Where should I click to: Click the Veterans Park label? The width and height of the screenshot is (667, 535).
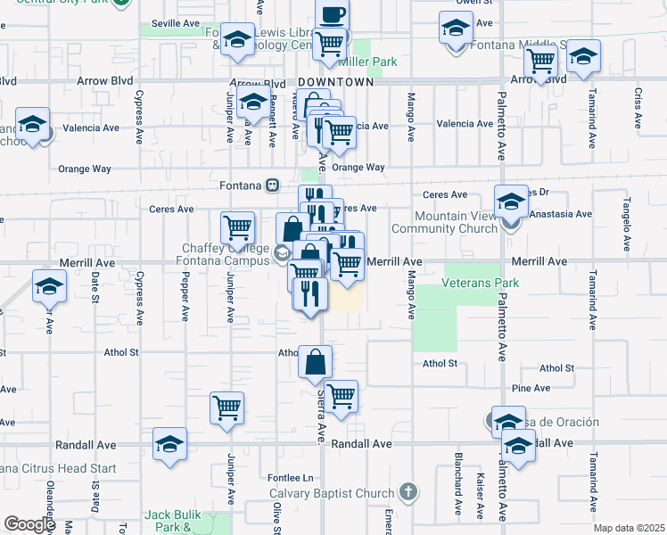tap(481, 284)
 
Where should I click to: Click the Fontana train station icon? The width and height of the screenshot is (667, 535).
tap(274, 185)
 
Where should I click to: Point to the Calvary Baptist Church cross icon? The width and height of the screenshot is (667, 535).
tap(408, 491)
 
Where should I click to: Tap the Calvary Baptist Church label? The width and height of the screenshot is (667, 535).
tap(332, 494)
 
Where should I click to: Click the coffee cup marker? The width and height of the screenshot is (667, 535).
tap(332, 15)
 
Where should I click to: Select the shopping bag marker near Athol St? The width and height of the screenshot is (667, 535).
tap(316, 363)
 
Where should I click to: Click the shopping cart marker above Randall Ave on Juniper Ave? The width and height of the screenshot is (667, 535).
tap(226, 408)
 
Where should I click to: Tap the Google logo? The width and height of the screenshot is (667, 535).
tap(29, 524)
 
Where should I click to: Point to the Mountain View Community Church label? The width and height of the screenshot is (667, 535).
tap(456, 222)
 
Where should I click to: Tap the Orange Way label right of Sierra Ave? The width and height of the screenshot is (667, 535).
tap(358, 167)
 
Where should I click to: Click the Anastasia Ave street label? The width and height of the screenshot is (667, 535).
tap(560, 214)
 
